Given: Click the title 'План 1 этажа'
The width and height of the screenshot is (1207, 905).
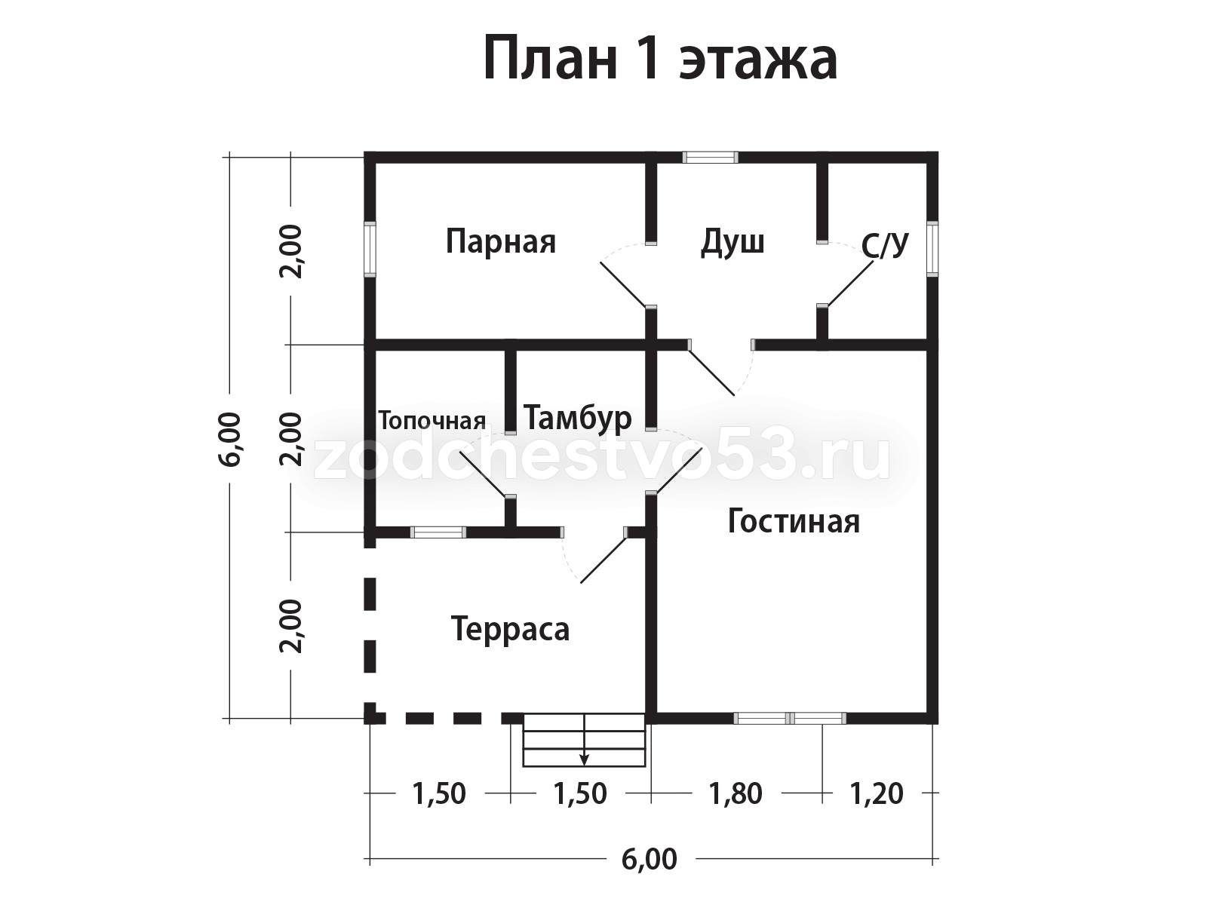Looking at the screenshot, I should point(660,59).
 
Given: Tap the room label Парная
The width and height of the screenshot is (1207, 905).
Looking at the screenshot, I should point(500,242).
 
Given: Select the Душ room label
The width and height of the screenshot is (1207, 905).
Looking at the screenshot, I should point(732,242).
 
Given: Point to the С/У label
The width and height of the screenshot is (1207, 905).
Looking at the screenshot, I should point(885,245).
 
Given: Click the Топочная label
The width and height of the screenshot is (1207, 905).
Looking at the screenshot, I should point(432,420).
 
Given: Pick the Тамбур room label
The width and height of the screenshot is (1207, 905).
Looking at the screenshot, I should point(577,417).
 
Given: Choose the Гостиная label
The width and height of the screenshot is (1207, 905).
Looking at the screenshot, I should point(794,521).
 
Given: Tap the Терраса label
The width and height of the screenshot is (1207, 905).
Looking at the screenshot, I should point(510,628).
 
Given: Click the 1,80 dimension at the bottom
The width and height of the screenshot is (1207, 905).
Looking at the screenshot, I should point(736,793).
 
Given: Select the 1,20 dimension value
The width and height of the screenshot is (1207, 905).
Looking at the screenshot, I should point(877,793).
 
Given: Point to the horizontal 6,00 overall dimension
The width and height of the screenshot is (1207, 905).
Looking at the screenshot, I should point(649,859).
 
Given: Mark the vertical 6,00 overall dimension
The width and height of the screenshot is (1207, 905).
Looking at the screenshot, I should point(231,438).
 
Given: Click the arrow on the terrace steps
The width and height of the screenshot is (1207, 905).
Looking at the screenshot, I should point(584,758).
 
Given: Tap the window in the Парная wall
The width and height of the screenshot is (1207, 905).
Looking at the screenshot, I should point(370,249).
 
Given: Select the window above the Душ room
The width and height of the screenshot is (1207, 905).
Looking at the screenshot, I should point(710,158).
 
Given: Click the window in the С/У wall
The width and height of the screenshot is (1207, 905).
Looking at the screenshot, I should point(932,249).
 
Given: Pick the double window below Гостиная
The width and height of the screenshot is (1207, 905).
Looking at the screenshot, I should point(790,718).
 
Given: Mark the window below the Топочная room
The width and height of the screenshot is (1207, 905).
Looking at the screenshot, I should point(438,532).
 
